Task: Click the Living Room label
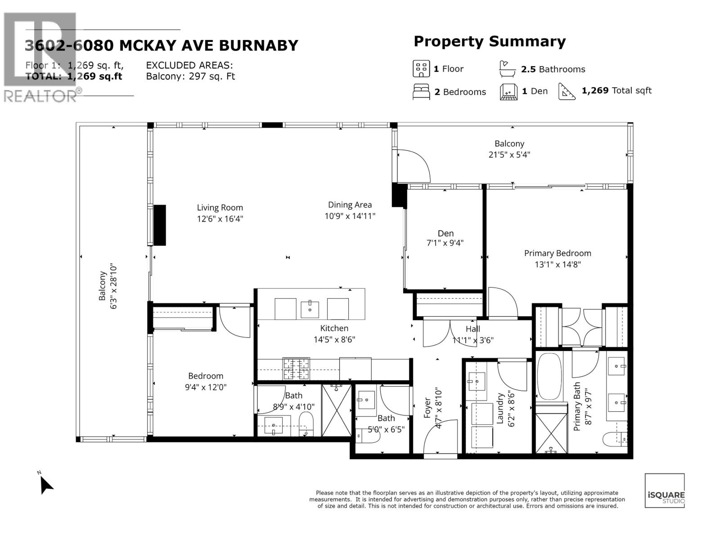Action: point(220,208)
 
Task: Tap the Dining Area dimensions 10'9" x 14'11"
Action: point(350,216)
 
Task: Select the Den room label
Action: point(445,233)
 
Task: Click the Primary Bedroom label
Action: point(557,253)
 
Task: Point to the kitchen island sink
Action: point(310,310)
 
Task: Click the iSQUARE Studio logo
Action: point(665,491)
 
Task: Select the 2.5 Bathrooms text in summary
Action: point(553,69)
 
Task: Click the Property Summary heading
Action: point(489,41)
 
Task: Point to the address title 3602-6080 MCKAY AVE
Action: point(161,45)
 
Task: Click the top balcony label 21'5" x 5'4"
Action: point(509,155)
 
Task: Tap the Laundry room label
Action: point(499,409)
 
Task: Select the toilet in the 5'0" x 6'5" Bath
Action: point(363,436)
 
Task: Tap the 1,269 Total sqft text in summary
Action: point(616,91)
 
